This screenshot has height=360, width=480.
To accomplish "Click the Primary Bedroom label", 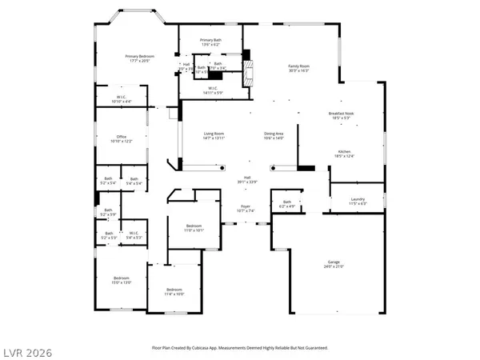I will [138, 55].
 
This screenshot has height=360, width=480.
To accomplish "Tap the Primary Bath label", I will [211, 39].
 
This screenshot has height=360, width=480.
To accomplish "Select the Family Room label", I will [298, 66].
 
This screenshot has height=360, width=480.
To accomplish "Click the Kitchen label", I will [344, 151].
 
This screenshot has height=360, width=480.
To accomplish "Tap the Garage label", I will [334, 262].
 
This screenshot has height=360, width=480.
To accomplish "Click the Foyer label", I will [247, 206].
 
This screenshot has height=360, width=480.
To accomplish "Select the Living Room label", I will [214, 133].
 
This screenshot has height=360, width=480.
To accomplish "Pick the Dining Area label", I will [274, 133].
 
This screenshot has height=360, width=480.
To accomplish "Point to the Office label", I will [122, 137].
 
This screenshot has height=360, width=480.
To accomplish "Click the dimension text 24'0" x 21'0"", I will [334, 267].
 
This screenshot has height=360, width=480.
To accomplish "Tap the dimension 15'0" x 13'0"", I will [122, 282].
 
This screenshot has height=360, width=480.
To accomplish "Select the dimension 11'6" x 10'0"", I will [175, 294].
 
